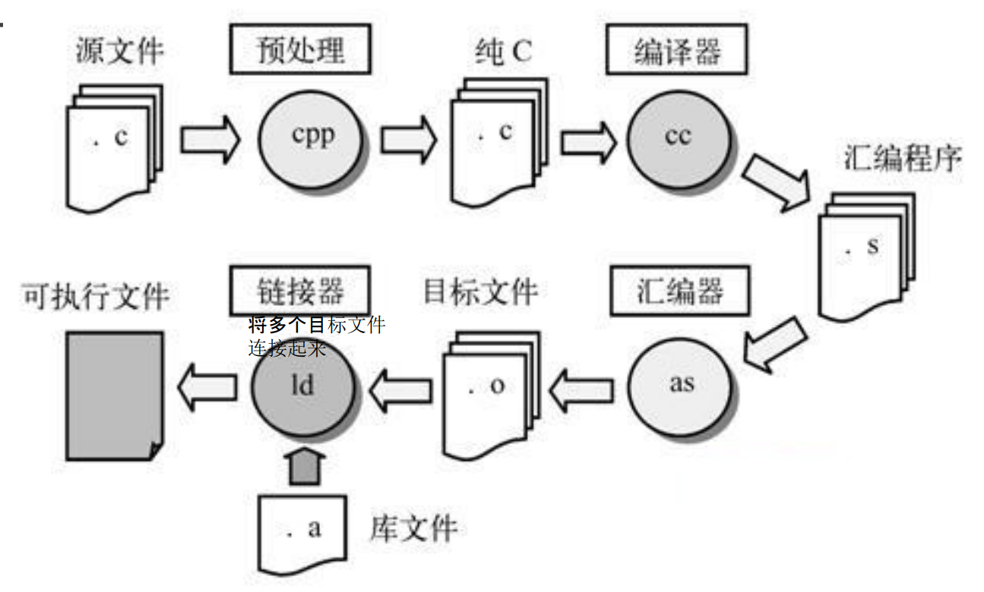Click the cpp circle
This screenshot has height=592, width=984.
(311, 140)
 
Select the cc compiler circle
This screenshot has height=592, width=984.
(679, 140)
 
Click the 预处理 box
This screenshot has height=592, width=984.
(300, 49)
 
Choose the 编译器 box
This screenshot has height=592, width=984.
(676, 49)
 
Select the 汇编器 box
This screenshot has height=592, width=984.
(680, 291)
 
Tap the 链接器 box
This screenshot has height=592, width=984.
(300, 291)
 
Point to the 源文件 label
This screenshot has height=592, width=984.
(119, 51)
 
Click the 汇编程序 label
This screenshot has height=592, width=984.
(903, 158)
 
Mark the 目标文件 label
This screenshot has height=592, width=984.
(480, 291)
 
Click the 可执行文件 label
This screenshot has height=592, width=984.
(96, 296)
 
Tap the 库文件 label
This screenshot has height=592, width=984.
(414, 528)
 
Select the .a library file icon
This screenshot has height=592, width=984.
(302, 534)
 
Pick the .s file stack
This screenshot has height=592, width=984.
(866, 257)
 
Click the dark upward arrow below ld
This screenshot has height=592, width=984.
(304, 466)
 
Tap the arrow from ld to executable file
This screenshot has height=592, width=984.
(207, 388)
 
